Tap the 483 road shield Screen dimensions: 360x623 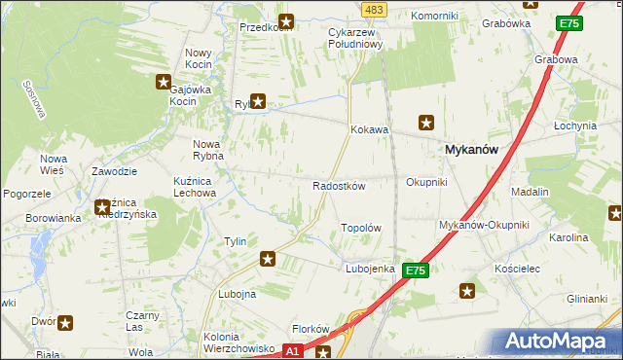coord(373,9)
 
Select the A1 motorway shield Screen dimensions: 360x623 coord(293,350)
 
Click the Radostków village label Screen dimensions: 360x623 coord(338,186)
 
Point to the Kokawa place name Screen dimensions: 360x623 coord(370,129)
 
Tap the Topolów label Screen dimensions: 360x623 coord(360,228)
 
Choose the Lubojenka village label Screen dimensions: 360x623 coord(370,269)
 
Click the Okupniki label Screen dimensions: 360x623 coord(426,182)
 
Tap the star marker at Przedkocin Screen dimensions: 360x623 coord(286,20)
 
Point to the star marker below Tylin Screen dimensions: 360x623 coord(268,259)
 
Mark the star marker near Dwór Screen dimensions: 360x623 coord(65,323)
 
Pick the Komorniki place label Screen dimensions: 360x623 coord(434,17)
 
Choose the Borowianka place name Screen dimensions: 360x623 coord(54,218)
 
